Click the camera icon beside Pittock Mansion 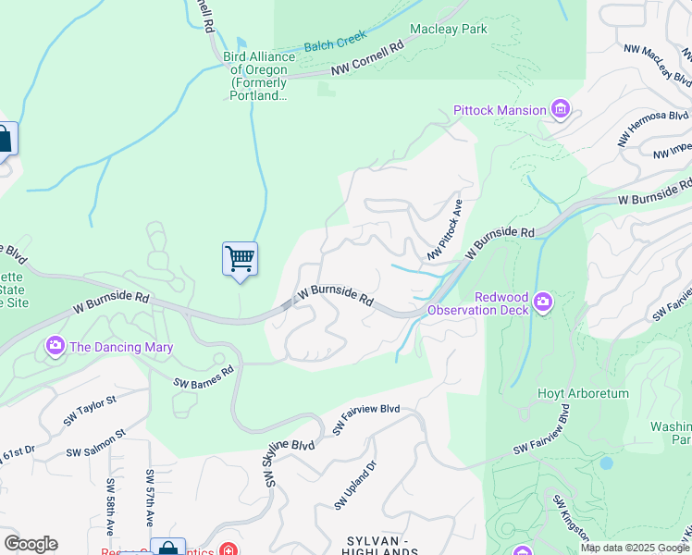point(561,111)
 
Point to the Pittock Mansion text point(500,111)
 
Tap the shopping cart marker point(240,259)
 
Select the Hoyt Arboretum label point(583,393)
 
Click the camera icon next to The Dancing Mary point(55,347)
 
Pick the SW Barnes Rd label point(204,376)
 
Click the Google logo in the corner point(31,544)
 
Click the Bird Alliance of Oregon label point(259,75)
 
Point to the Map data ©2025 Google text point(634,548)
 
